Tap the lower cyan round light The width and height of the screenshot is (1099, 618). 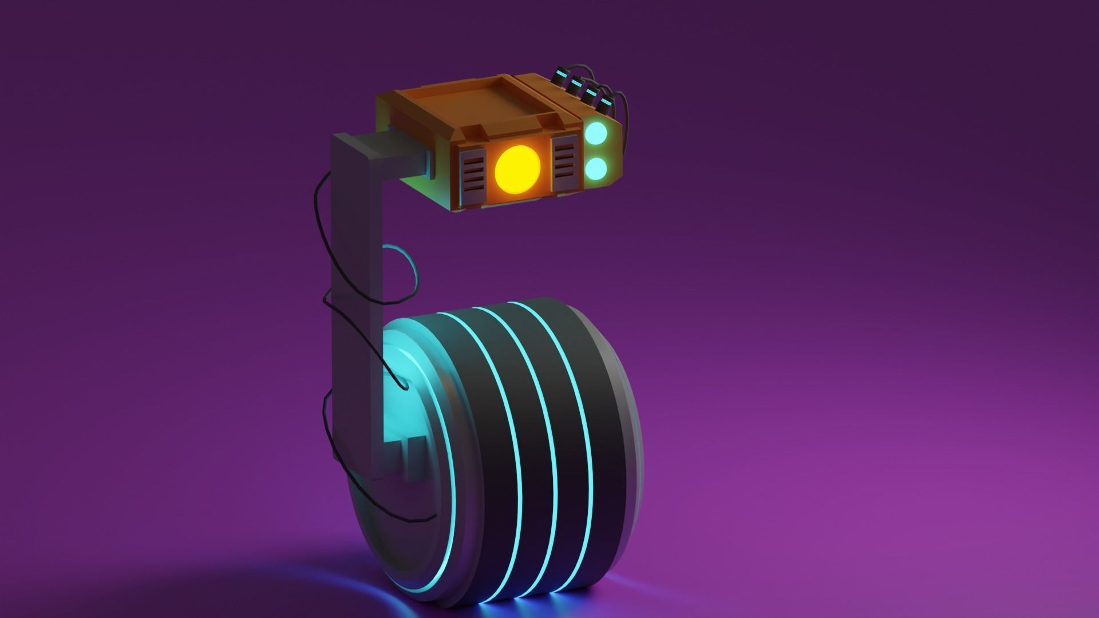click(x=596, y=168)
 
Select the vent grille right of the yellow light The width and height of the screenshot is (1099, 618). click(x=564, y=165)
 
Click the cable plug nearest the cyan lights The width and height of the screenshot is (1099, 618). click(x=604, y=102)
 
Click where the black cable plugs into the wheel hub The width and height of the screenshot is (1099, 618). click(x=404, y=387)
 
